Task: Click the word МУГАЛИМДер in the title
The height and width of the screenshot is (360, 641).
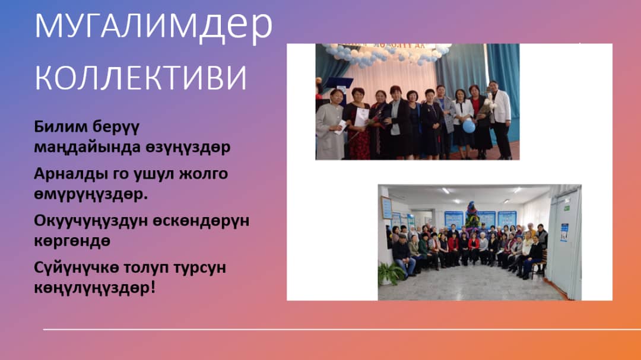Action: [153, 26]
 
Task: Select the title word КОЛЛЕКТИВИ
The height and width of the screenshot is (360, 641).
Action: [141, 77]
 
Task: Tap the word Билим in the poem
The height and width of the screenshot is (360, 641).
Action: [61, 126]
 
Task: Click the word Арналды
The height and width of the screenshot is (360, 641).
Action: [70, 174]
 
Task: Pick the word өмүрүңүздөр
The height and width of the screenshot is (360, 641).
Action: [91, 195]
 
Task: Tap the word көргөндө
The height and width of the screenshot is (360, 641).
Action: [72, 241]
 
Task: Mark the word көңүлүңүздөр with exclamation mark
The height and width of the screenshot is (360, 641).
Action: [95, 288]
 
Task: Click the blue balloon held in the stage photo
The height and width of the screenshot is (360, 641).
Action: [468, 126]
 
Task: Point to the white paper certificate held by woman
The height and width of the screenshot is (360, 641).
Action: [361, 117]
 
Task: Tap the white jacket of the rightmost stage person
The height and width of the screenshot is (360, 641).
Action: [500, 107]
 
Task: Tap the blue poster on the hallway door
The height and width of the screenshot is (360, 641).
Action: [564, 232]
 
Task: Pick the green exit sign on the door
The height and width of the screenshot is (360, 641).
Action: [567, 208]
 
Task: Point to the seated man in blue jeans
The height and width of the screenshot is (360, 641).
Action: [403, 256]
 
